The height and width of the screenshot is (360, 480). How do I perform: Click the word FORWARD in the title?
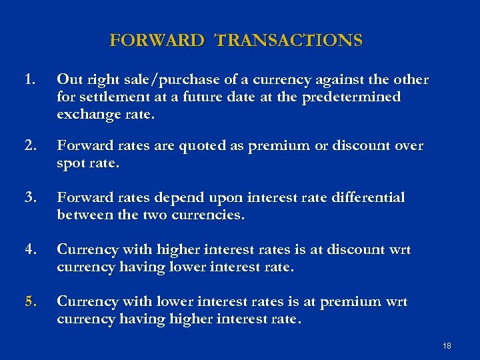coord(156,41)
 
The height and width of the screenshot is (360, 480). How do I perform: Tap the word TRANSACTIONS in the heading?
coord(289,41)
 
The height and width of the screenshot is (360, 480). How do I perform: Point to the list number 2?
coord(29,145)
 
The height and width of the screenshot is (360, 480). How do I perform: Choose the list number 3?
coord(29,198)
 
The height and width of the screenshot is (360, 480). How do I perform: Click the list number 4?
coord(29,250)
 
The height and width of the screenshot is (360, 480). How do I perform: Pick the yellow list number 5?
coord(29,302)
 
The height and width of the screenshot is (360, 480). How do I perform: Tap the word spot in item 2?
coord(71,163)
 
